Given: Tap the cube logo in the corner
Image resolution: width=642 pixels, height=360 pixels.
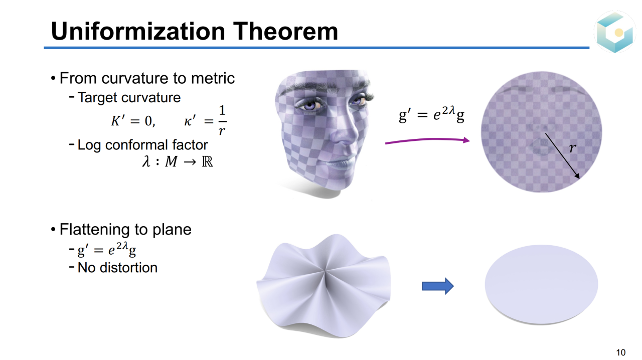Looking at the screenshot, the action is (x=615, y=32).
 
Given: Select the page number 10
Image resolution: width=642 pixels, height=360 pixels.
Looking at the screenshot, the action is (x=621, y=352).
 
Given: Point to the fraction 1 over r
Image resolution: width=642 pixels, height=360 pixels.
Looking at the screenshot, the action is (x=222, y=120).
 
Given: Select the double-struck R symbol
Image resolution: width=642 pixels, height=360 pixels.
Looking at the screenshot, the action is (x=208, y=162).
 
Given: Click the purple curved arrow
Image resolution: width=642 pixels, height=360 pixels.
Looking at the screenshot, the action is (x=427, y=140).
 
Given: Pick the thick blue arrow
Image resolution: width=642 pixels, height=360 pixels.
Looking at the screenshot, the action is (x=438, y=286).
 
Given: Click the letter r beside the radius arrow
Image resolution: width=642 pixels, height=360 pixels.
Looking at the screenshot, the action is (x=572, y=148).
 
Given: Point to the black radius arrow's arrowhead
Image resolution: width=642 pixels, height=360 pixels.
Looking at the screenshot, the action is (x=577, y=176).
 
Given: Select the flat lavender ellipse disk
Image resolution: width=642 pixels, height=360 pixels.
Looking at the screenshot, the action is (x=541, y=284).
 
